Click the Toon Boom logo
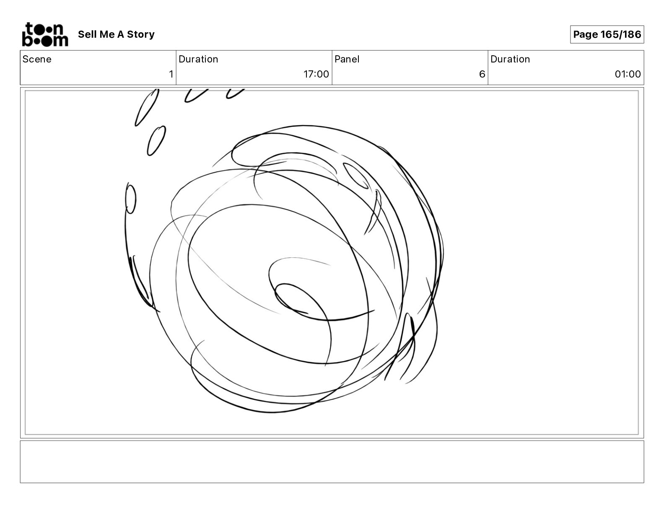tap(45, 34)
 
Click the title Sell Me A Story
tap(116, 34)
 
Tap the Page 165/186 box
tap(607, 34)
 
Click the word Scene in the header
tap(37, 59)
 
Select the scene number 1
tap(171, 74)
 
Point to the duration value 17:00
tap(316, 74)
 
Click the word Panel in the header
tap(347, 59)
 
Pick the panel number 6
tap(482, 74)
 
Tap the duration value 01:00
tap(628, 74)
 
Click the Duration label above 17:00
tap(198, 59)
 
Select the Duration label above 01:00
tap(510, 59)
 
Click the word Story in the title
tap(141, 34)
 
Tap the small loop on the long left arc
tap(131, 199)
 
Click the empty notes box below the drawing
tap(332, 462)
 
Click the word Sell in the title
tap(87, 34)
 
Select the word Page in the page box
tap(586, 34)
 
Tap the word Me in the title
tap(107, 34)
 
